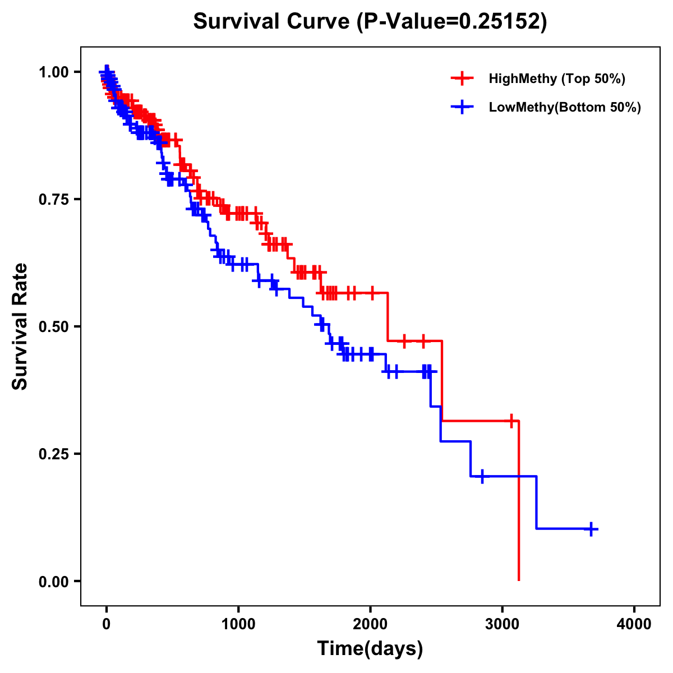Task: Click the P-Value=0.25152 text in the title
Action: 452,21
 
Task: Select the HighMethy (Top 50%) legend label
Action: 557,79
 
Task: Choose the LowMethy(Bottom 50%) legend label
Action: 565,107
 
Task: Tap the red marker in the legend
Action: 462,79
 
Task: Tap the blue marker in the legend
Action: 462,107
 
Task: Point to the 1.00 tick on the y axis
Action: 53,72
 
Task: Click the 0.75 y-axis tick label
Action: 53,199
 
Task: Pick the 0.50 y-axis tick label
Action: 53,326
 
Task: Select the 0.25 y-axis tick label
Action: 53,454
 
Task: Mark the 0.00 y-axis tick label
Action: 53,581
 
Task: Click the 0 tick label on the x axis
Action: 107,624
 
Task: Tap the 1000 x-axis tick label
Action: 238,624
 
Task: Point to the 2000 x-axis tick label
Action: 370,624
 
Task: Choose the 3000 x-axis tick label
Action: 503,624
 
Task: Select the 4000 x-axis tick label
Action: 634,624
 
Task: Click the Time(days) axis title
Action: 370,649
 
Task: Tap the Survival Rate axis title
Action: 20,326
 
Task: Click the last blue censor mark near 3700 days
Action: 591,529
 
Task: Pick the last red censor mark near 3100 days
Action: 511,421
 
